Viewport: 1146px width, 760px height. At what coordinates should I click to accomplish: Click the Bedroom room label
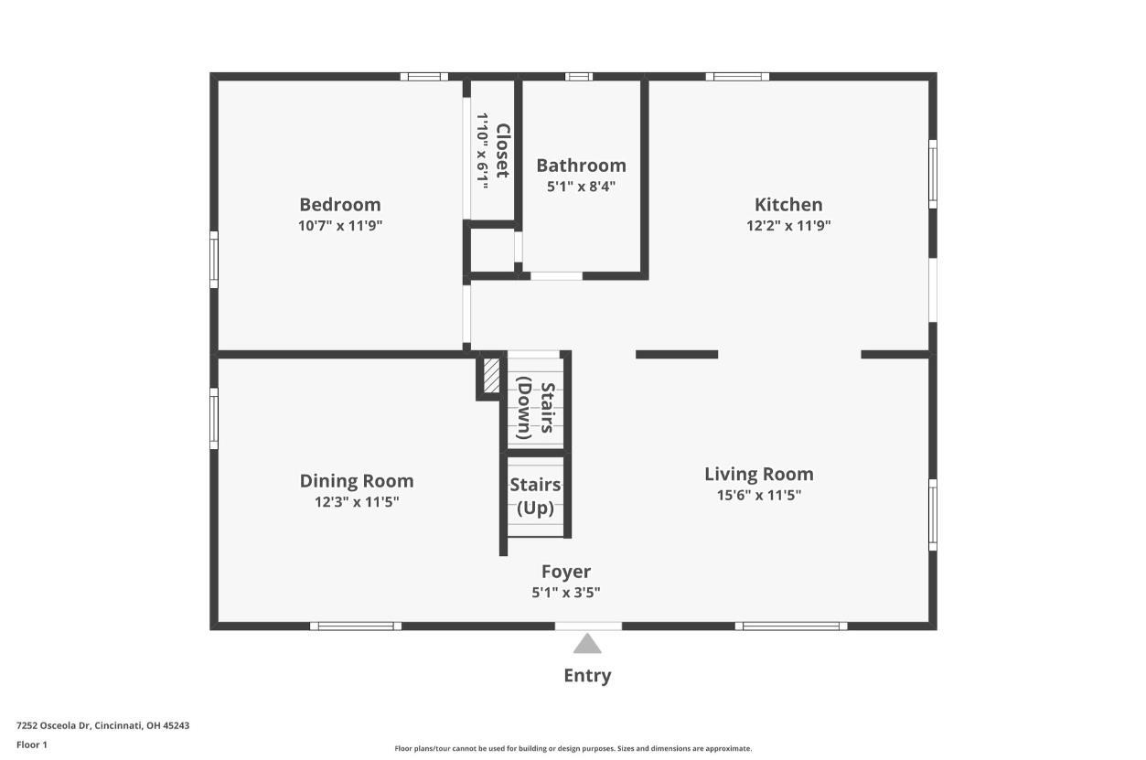click(x=339, y=205)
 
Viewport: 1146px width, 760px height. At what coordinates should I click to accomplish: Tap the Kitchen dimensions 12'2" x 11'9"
click(x=787, y=225)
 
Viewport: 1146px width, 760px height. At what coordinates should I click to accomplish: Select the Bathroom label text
click(x=581, y=166)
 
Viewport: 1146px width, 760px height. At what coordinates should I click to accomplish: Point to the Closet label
click(x=502, y=151)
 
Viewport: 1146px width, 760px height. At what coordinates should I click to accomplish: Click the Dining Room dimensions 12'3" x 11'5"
click(x=357, y=501)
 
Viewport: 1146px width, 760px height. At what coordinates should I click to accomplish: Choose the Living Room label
click(x=758, y=474)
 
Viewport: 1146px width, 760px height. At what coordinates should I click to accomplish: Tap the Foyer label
click(x=565, y=573)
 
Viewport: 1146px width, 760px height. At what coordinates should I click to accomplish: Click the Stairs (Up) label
click(x=535, y=496)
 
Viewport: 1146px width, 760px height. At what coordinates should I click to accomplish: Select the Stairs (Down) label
click(x=536, y=411)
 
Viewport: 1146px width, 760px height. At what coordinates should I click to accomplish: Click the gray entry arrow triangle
click(x=587, y=645)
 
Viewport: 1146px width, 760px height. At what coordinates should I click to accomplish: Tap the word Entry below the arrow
click(x=587, y=676)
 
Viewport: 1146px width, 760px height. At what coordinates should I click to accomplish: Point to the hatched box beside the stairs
click(x=491, y=376)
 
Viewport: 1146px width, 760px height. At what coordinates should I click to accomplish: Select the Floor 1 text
click(x=31, y=744)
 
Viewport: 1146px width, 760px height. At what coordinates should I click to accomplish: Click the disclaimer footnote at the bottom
click(x=573, y=748)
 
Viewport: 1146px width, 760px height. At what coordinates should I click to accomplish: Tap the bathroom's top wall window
click(x=579, y=77)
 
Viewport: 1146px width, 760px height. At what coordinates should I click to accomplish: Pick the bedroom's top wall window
click(x=424, y=77)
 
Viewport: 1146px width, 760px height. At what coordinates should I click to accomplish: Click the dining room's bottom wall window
click(x=356, y=626)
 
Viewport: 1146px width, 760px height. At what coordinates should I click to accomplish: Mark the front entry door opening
click(x=588, y=626)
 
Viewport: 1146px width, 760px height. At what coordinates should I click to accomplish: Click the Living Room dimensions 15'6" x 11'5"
click(x=758, y=495)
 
